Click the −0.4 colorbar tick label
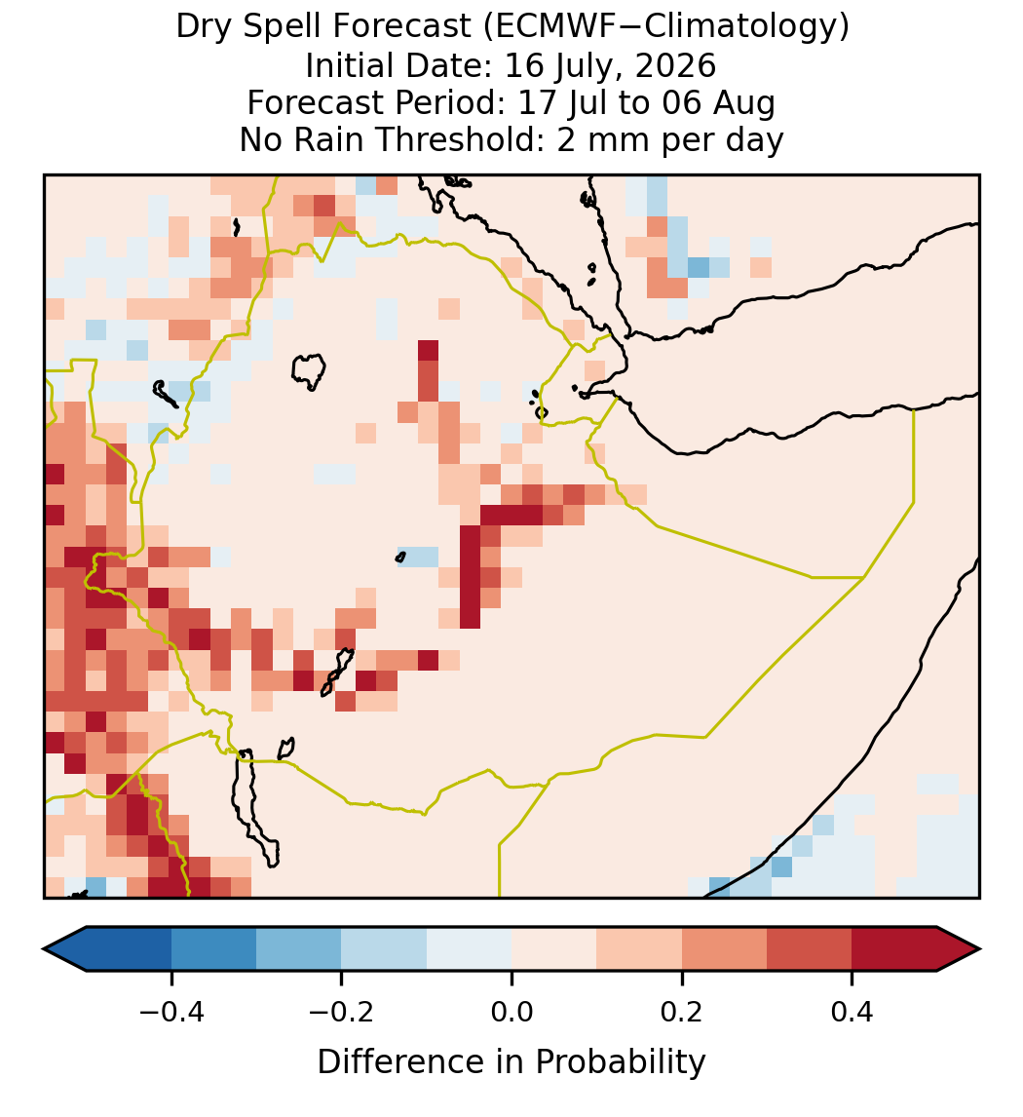(x=171, y=1012)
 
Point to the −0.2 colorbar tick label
(x=342, y=1012)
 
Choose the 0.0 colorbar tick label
(x=511, y=1012)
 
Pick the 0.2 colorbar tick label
(x=682, y=1012)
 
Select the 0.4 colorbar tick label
(x=852, y=1012)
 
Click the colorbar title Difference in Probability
(x=511, y=1062)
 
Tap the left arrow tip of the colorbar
(x=44, y=949)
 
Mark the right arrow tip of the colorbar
(x=980, y=949)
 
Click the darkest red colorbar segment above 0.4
(x=894, y=949)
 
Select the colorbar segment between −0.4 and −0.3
(x=213, y=949)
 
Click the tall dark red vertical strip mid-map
(x=470, y=577)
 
